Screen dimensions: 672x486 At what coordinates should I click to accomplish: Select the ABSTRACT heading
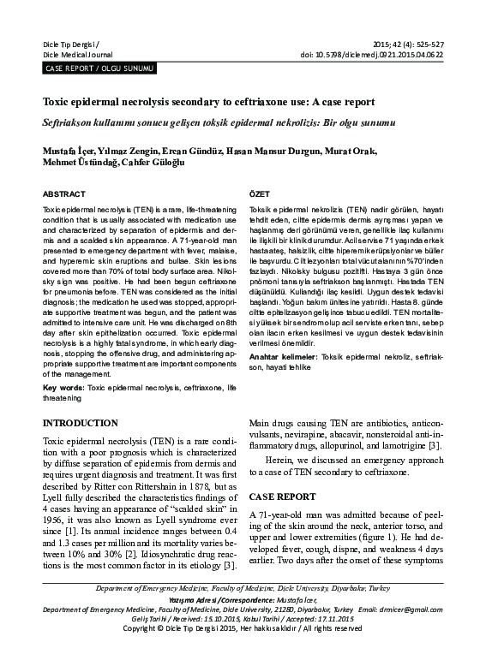tap(63, 195)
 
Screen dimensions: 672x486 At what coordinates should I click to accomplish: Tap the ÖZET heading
tap(260, 195)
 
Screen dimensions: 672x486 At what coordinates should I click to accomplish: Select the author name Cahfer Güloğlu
tap(141, 164)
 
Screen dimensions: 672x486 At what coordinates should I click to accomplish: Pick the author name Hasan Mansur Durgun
tap(279, 151)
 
